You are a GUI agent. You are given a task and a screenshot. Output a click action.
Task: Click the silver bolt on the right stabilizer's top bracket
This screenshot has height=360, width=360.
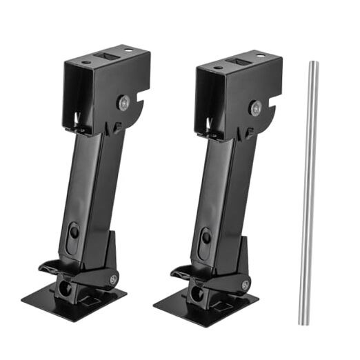click(256, 107)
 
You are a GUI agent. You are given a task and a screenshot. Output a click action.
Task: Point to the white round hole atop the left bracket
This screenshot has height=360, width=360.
click(129, 49)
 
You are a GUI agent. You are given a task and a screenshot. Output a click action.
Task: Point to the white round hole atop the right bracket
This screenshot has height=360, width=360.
click(261, 54)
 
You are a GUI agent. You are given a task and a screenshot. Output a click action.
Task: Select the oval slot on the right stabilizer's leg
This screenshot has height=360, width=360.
click(206, 237)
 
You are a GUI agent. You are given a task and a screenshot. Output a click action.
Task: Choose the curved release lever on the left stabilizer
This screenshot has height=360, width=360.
click(52, 266)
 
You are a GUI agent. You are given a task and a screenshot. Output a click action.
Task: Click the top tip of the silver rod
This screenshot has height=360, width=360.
click(312, 63)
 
